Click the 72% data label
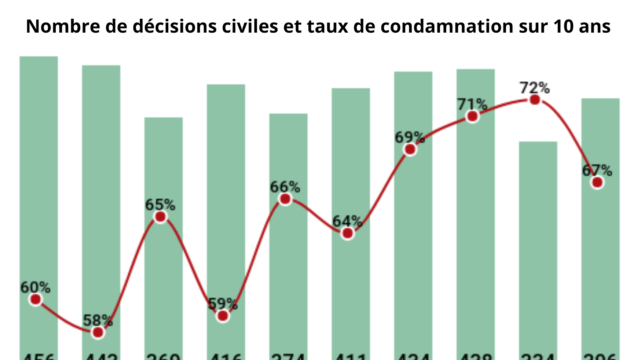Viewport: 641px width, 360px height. pos(534,88)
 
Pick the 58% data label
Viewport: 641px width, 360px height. pos(98,320)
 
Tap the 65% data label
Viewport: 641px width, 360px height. pos(160,205)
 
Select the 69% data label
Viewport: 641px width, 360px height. pos(410,137)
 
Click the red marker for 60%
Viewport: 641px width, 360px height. pos(36,300)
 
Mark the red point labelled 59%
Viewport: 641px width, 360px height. pos(223,316)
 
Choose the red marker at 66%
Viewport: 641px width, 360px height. pos(285,199)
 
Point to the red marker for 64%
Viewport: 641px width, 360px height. pos(347,233)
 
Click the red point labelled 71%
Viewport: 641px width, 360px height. pos(472,116)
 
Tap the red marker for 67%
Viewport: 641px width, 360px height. pos(597,182)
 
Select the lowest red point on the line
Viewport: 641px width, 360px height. pos(98,333)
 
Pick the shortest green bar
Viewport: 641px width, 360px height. pos(538,238)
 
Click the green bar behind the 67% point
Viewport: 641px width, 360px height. pos(600,257)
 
